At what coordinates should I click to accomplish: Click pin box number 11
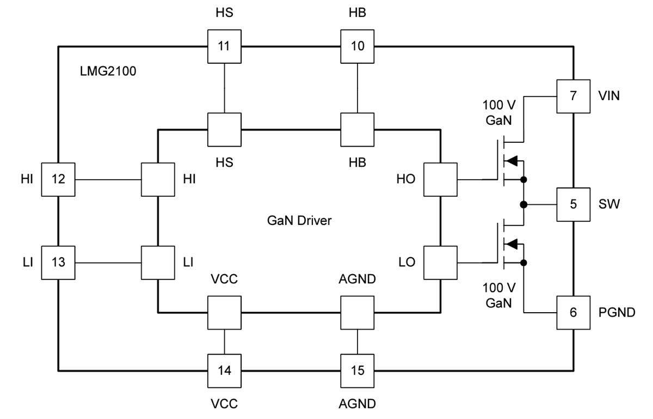coord(224,46)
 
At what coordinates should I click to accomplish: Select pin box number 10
coord(358,46)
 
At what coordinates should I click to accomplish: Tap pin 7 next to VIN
coord(573,96)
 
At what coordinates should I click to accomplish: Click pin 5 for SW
coord(573,205)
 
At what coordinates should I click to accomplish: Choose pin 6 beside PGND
coord(573,313)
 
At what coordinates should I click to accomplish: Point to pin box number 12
coord(58,179)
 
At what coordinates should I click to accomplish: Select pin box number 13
coord(58,263)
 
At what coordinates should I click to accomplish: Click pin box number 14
coord(224,371)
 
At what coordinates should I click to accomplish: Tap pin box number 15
coord(358,371)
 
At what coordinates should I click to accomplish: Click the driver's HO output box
coord(440,179)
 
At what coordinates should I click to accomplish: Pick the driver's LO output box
coord(440,263)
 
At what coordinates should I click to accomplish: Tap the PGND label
coord(617,313)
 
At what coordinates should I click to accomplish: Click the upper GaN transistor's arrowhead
coord(511,161)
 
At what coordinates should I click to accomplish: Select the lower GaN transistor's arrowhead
coord(511,244)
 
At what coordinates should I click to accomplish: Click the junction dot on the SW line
coord(523,205)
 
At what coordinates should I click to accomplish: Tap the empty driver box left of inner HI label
coord(157,179)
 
